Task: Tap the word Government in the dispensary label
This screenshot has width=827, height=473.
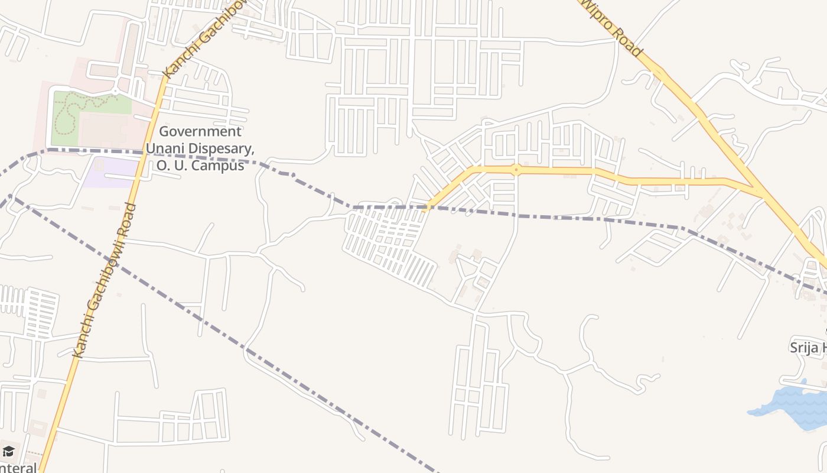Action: pyautogui.click(x=200, y=131)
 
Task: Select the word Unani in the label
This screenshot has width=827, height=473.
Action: pyautogui.click(x=167, y=148)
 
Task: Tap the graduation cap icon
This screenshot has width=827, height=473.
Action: pyautogui.click(x=8, y=452)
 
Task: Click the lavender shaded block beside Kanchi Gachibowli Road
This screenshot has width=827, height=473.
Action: pyautogui.click(x=109, y=173)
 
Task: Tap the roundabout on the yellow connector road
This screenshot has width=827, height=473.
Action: pyautogui.click(x=516, y=170)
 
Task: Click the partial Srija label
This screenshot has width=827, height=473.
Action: pyautogui.click(x=808, y=347)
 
